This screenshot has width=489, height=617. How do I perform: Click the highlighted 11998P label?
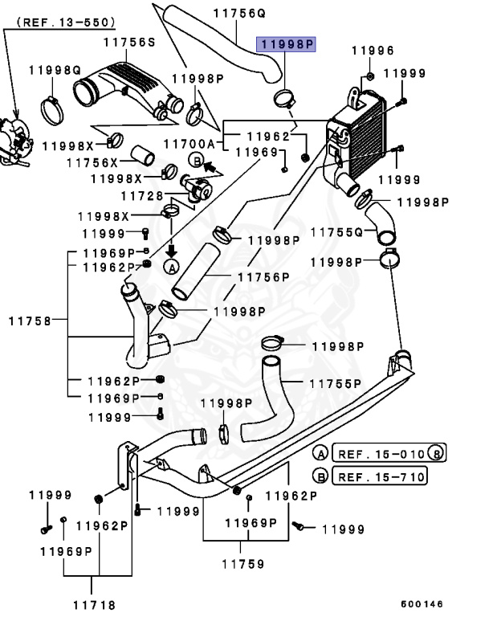(286, 44)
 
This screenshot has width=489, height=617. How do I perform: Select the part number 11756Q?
(239, 14)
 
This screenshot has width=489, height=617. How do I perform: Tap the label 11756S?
(129, 42)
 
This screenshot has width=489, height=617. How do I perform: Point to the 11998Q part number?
(55, 70)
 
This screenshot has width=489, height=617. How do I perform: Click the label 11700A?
(189, 144)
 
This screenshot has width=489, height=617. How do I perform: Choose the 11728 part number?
(142, 195)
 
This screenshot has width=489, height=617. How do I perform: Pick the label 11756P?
(263, 277)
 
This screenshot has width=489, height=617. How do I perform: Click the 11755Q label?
(336, 231)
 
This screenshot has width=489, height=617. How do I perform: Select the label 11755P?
(335, 383)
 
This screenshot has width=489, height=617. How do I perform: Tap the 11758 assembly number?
(30, 321)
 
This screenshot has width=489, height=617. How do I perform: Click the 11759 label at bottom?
(243, 564)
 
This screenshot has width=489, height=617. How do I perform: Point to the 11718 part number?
(95, 605)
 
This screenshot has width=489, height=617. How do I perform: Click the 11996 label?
(373, 51)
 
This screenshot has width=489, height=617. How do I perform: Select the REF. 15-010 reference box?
(389, 453)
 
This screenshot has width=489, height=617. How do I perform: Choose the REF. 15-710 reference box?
(379, 476)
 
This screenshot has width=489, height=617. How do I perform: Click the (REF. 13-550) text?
(66, 22)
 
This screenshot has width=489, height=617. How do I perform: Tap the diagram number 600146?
(422, 603)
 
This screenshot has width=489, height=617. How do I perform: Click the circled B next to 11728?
(197, 160)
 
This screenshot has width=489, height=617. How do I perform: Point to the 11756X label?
(92, 162)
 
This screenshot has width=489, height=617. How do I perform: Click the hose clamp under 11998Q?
(51, 111)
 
